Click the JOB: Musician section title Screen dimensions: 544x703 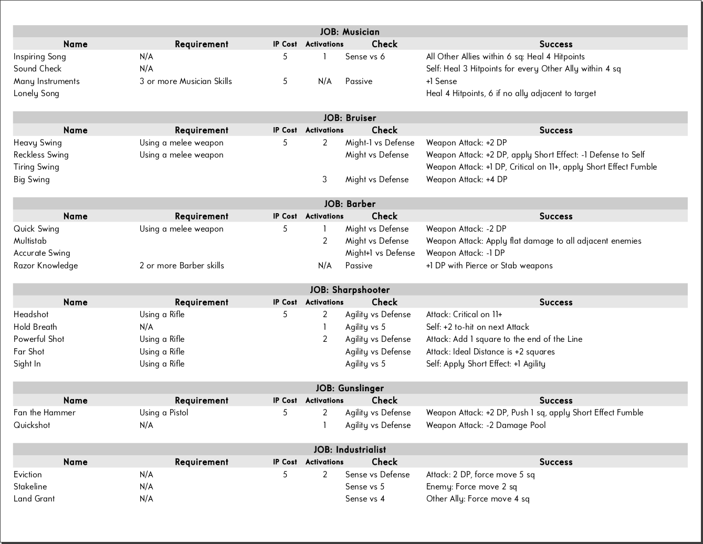(x=350, y=32)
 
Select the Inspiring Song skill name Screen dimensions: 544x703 (x=40, y=57)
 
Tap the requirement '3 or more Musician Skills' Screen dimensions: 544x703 (x=185, y=81)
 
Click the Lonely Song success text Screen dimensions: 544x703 (x=511, y=93)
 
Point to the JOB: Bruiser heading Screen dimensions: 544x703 (x=350, y=118)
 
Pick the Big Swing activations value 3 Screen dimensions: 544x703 (x=324, y=180)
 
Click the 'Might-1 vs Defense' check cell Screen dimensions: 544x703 (x=380, y=143)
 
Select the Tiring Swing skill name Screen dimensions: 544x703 (x=36, y=167)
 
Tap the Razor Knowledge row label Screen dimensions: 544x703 (x=46, y=266)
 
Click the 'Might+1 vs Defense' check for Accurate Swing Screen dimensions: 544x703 (x=380, y=253)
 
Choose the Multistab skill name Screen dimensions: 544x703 (x=30, y=241)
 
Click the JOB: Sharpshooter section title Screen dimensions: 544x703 (x=350, y=290)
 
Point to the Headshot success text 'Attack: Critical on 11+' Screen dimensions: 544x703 (x=464, y=315)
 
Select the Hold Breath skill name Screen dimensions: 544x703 (x=35, y=327)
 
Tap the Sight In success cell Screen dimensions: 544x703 (x=486, y=364)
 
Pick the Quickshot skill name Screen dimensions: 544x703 (x=32, y=425)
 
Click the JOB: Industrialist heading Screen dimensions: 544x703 (x=350, y=449)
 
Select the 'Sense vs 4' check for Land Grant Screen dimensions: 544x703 (x=365, y=499)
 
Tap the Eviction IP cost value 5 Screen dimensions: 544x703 (x=285, y=475)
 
